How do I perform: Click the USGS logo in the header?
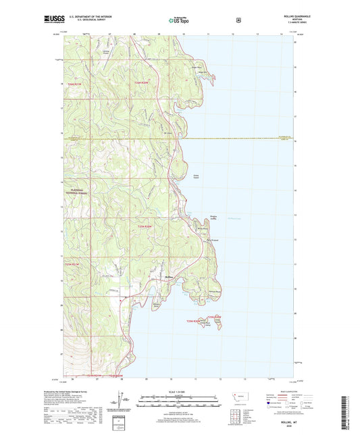[x=54, y=20]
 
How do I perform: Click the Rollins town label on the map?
[x=169, y=278]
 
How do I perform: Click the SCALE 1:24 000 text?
[x=180, y=392]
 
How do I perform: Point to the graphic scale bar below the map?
[x=180, y=404]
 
